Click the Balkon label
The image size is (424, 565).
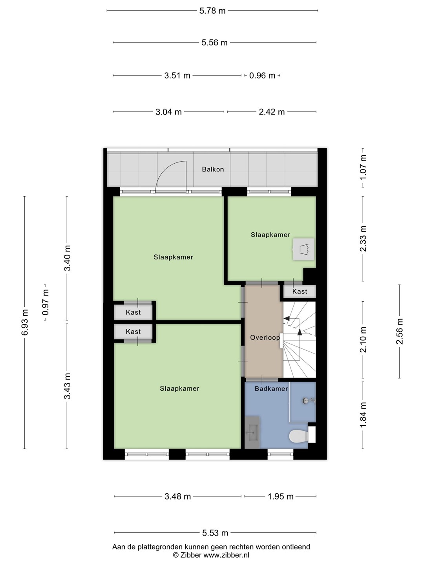213,169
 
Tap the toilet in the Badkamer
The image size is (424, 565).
299,436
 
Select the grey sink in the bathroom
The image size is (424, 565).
252,432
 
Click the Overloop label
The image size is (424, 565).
265,337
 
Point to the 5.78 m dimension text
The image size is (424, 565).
212,11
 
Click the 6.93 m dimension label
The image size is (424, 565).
25,322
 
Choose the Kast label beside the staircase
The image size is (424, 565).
300,292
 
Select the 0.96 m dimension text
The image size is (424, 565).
262,76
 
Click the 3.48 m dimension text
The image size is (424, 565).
177,496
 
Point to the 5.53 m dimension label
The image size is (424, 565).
215,533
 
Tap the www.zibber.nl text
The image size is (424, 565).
227,555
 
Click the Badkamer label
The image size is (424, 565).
271,388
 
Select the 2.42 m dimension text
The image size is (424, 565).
272,112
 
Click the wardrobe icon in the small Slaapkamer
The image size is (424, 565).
304,249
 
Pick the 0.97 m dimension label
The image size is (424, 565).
46,303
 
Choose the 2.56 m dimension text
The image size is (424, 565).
399,331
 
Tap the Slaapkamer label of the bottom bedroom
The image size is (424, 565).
179,388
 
